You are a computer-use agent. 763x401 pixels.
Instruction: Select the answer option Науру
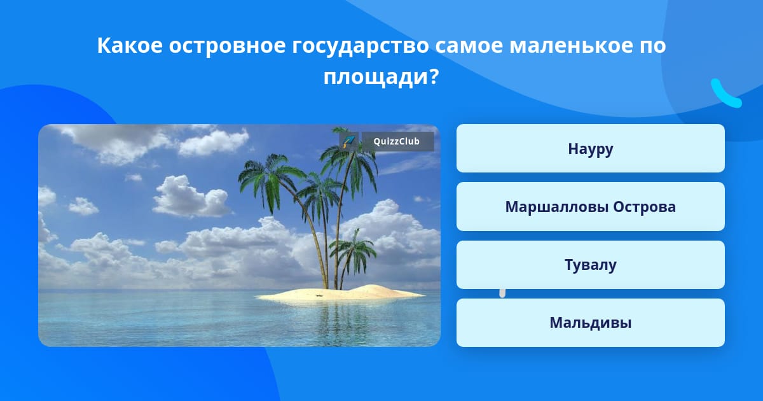590,148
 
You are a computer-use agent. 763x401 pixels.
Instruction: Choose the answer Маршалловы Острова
590,207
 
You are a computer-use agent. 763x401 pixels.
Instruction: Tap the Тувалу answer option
590,265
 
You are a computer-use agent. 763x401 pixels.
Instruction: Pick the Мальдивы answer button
590,323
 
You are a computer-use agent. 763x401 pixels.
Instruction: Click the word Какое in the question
130,45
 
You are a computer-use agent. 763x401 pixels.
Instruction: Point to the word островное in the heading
227,46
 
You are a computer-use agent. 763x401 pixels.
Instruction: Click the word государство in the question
360,46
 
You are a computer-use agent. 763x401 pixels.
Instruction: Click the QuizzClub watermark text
397,141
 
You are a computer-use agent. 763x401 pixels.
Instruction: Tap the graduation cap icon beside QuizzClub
348,141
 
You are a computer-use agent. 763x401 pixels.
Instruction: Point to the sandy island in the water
341,294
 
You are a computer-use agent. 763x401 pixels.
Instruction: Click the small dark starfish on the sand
319,295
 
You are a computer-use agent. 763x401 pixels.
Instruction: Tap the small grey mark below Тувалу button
502,293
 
